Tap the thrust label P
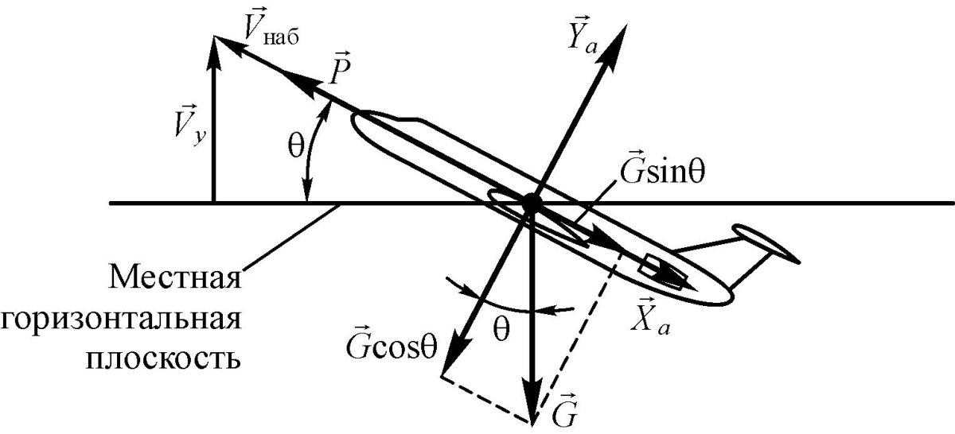pos(340,68)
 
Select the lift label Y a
pos(583,36)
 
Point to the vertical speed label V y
pos(190,126)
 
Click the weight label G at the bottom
pos(564,412)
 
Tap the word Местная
pos(175,277)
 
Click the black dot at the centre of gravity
pos(531,203)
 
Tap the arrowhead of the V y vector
pos(212,37)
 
